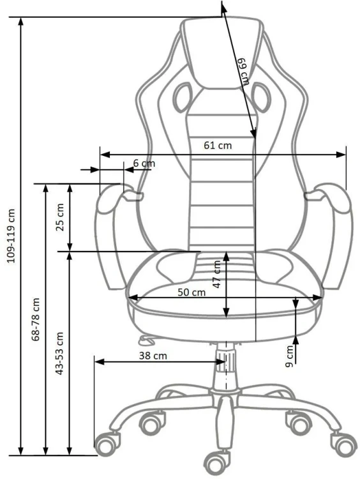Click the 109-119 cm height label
tap(11, 236)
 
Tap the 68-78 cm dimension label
tap(36, 319)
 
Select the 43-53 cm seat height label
tap(59, 353)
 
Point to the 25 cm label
tap(60, 217)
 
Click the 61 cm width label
tap(218, 146)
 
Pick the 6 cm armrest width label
tap(144, 163)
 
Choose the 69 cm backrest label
tap(244, 72)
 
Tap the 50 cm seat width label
tap(191, 293)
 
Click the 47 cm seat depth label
tap(217, 274)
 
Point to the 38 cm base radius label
tap(153, 356)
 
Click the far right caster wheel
tap(345, 444)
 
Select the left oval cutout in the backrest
tap(183, 97)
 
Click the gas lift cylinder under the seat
tap(226, 365)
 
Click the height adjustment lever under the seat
tap(146, 338)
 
